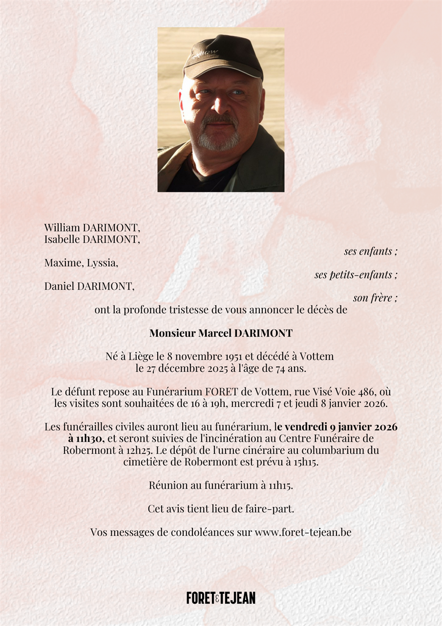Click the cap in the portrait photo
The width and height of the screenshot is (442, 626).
tap(223, 55)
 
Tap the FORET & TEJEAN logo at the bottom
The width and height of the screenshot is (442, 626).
tap(221, 598)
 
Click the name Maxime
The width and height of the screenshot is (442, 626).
tap(63, 263)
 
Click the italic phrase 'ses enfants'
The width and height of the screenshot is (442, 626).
tap(371, 251)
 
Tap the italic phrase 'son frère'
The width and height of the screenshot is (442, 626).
tap(375, 298)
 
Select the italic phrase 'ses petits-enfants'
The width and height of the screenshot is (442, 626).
tap(356, 275)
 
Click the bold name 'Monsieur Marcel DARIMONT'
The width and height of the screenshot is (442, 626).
tap(221, 334)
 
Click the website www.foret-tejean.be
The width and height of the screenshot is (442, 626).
tap(303, 533)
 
